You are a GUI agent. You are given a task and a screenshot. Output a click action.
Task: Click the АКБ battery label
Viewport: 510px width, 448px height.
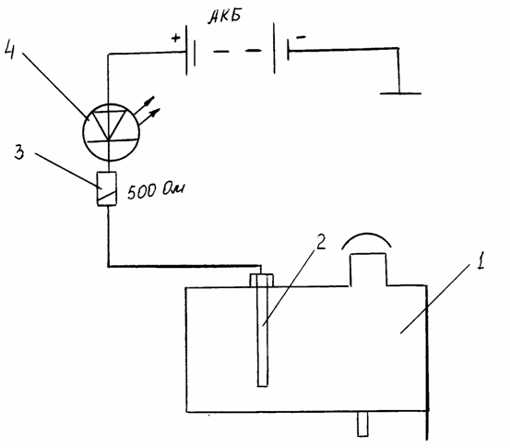225,17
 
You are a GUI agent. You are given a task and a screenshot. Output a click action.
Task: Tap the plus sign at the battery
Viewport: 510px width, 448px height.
175,38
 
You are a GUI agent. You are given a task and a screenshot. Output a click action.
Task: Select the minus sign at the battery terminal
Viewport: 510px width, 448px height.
301,38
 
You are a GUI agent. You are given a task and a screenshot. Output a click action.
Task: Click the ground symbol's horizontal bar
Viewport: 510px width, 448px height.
400,93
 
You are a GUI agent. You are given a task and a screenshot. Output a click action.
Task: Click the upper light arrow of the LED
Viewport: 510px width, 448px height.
144,105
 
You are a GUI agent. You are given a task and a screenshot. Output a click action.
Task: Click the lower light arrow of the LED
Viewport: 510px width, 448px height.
150,116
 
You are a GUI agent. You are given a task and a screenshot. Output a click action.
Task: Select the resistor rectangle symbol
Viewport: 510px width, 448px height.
107,188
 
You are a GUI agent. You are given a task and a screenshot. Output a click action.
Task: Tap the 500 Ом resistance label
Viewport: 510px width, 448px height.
156,190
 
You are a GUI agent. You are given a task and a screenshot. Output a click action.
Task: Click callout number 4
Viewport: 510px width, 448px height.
10,51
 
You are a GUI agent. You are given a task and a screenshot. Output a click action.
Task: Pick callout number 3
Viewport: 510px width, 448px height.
19,151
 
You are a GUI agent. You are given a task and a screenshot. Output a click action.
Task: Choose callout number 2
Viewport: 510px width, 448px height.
320,241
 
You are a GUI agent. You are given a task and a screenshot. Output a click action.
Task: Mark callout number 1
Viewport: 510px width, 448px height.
480,260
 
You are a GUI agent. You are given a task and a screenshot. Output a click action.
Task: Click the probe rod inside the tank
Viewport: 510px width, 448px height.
262,335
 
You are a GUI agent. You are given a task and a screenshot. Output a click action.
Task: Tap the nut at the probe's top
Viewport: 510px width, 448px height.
262,280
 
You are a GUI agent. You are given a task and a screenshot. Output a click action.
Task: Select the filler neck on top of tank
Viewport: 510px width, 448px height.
368,270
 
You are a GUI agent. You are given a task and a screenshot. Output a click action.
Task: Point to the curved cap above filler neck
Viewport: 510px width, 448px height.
366,234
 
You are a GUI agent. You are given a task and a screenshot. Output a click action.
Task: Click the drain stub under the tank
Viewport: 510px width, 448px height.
362,424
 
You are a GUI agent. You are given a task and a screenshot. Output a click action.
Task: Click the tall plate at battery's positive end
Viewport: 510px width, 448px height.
186,50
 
